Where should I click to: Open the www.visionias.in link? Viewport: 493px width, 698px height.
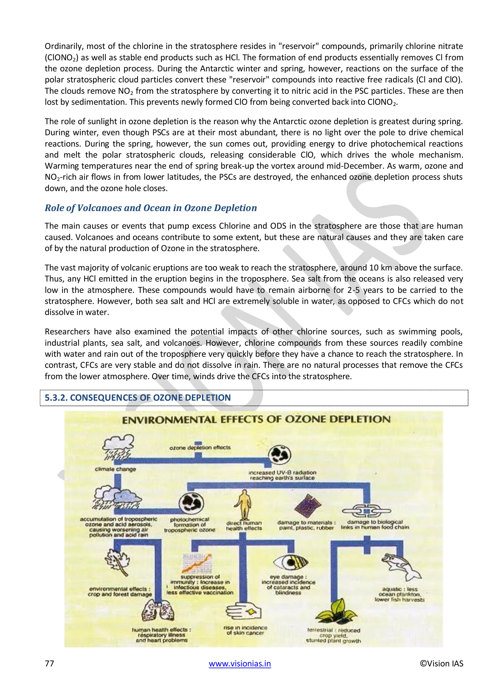[x=240, y=663]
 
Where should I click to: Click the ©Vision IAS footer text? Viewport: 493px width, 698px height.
[x=441, y=663]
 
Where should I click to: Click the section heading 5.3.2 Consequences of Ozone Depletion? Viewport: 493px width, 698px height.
[x=137, y=398]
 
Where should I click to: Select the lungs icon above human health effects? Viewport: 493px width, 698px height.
[x=158, y=611]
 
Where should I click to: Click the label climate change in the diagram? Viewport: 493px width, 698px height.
[x=115, y=469]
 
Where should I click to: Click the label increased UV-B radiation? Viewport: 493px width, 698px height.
[x=282, y=475]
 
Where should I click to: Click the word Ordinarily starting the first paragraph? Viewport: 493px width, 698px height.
[x=64, y=46]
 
